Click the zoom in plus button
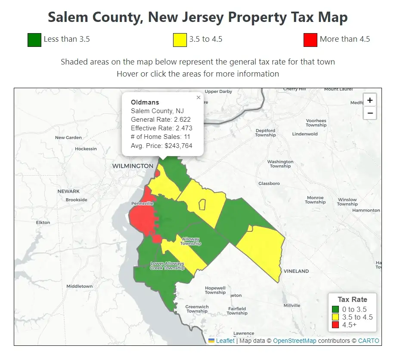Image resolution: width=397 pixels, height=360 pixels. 369,100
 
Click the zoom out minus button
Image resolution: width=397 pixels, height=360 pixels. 369,113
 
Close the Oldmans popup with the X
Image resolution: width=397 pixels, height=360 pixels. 198,98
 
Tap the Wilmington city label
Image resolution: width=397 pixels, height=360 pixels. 133,166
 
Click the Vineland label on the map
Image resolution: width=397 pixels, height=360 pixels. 296,271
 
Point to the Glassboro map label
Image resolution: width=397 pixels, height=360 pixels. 269,183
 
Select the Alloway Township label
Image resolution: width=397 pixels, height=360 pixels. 191,241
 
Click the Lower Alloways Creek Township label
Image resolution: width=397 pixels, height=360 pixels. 167,266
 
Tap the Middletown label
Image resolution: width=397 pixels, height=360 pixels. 79,286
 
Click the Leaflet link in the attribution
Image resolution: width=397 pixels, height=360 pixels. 225,341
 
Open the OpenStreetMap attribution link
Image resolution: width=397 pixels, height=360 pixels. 295,341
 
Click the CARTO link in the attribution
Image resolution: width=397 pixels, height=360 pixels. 369,341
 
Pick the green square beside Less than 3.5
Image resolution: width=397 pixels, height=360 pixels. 34,40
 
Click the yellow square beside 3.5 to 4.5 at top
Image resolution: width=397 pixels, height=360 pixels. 180,40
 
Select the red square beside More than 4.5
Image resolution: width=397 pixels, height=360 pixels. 310,40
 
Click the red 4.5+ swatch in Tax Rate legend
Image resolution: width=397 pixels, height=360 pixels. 335,325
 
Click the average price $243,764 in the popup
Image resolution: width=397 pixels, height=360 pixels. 178,146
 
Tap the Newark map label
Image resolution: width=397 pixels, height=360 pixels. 69,191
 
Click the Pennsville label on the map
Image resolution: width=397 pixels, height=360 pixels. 143,203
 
